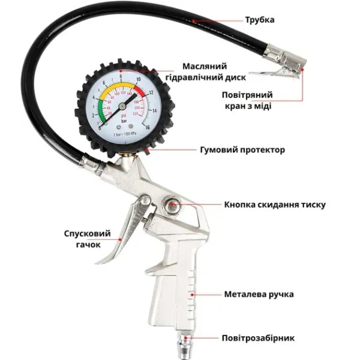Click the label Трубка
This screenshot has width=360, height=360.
[x=259, y=20]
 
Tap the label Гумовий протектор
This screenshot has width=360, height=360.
[x=242, y=149]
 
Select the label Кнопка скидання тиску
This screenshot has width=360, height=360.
[x=275, y=205]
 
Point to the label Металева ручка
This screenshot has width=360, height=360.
[x=259, y=295]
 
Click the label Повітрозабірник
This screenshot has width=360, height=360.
[x=258, y=338]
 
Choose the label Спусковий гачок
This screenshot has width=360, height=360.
[x=82, y=239]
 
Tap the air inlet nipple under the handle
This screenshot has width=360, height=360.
[x=182, y=347]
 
